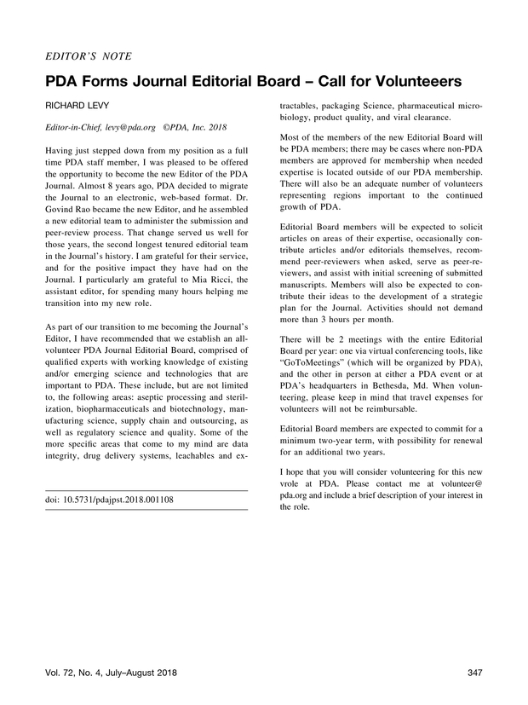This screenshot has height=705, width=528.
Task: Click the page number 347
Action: [x=475, y=674]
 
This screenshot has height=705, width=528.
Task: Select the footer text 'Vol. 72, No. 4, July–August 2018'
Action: [x=114, y=674]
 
